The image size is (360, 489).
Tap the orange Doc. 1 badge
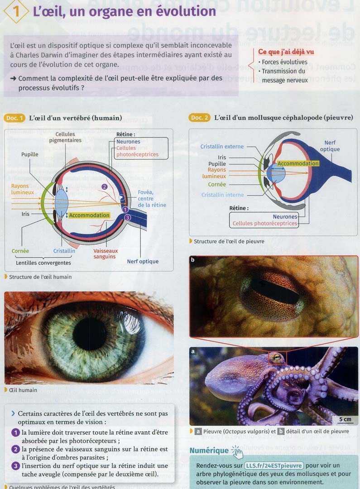(x=15, y=118)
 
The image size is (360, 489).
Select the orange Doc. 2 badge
(x=199, y=118)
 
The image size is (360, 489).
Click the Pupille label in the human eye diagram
(x=30, y=154)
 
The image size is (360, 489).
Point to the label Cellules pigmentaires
(x=65, y=137)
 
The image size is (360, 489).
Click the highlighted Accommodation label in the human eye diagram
(x=89, y=216)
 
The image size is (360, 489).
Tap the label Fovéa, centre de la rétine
(x=152, y=199)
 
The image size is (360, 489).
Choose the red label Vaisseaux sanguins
(x=105, y=254)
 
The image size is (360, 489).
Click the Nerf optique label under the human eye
(x=143, y=261)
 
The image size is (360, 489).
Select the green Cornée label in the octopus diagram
(x=217, y=185)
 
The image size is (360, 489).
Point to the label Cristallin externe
(x=222, y=147)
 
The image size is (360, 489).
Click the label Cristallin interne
(x=222, y=195)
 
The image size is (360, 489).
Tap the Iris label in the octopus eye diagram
(x=221, y=158)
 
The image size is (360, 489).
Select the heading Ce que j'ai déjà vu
(x=286, y=52)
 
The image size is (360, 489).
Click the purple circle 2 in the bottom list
(x=15, y=449)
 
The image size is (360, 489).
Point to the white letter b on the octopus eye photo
(x=193, y=260)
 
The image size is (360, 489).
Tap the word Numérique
(x=209, y=451)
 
